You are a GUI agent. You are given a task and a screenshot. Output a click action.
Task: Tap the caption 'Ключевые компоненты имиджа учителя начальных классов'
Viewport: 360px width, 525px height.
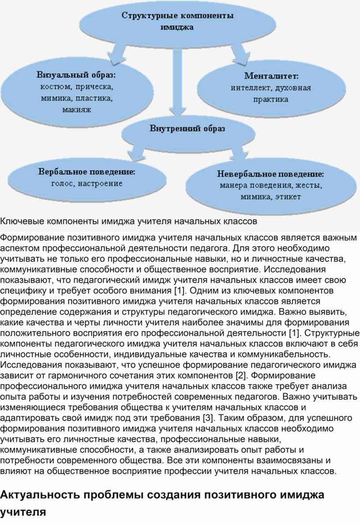click(128, 220)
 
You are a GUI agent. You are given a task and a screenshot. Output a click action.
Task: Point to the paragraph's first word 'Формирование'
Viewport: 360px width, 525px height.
click(29, 238)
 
